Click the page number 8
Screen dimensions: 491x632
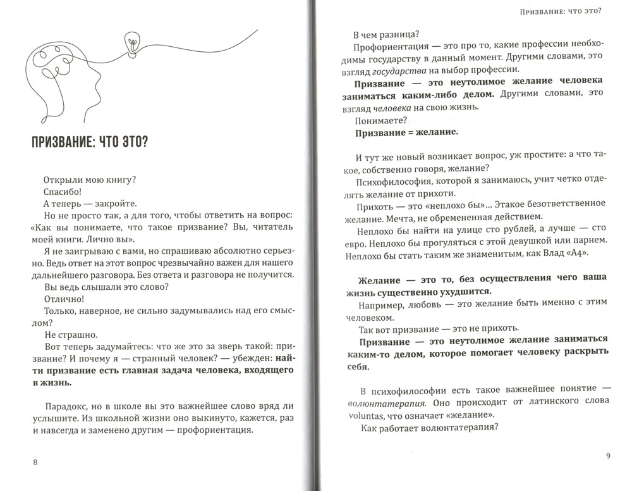[35, 462]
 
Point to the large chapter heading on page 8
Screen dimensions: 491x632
[90, 142]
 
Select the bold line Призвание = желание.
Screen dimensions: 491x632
[406, 133]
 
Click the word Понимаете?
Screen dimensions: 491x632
[381, 120]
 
